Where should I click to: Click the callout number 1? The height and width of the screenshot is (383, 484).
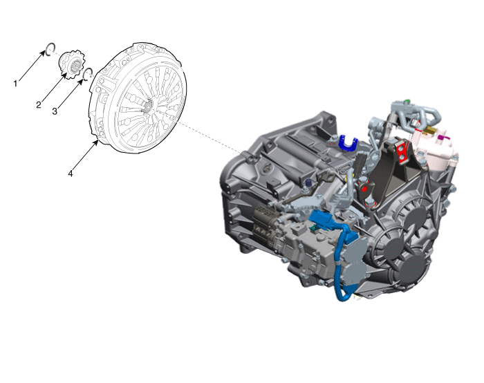[15, 84]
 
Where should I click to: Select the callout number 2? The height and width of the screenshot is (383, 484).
[38, 105]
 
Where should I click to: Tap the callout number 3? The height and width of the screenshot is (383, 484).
[55, 111]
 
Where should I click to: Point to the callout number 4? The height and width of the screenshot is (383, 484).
[71, 174]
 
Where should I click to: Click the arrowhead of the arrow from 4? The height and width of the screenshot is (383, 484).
[96, 142]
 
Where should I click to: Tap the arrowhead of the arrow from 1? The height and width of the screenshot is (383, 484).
[43, 53]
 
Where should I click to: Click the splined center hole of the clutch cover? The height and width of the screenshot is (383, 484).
[149, 106]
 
